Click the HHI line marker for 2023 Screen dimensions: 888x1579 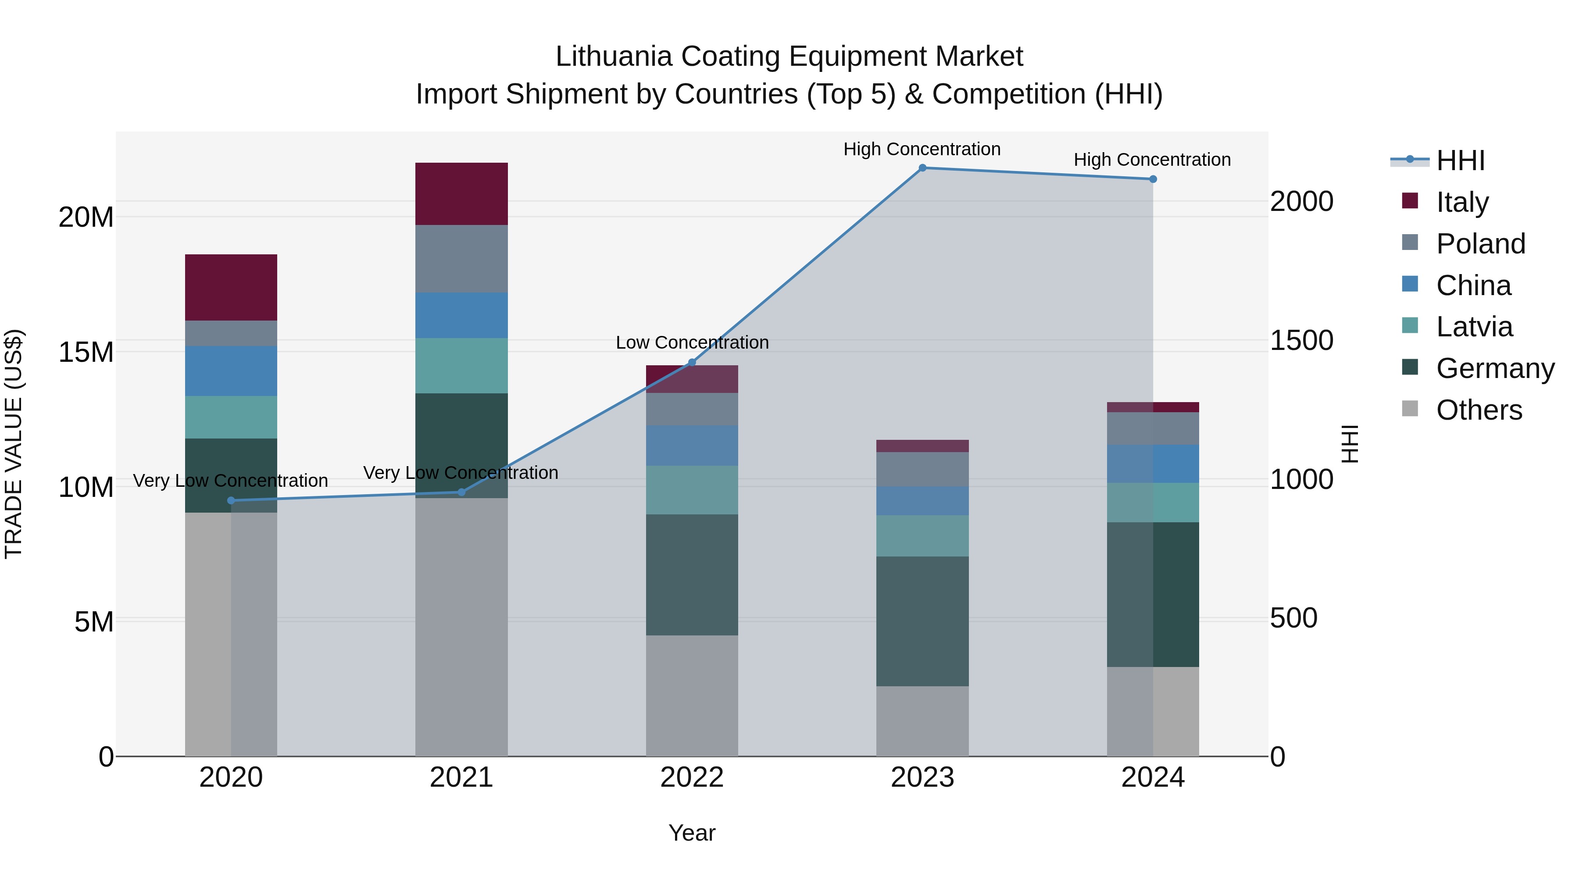click(x=922, y=168)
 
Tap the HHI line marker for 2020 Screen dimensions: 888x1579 click(x=231, y=501)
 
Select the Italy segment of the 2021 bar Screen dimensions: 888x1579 click(x=461, y=194)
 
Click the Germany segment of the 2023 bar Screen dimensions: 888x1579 click(x=922, y=621)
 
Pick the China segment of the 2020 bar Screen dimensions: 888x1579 click(x=231, y=371)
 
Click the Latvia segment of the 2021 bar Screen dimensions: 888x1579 click(x=461, y=365)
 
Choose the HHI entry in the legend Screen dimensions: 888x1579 click(x=1460, y=160)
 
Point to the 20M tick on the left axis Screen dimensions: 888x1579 click(x=86, y=217)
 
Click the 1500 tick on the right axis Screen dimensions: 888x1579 click(x=1301, y=340)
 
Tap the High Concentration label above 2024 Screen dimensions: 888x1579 click(x=1152, y=160)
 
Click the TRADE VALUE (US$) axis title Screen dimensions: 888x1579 click(x=14, y=444)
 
